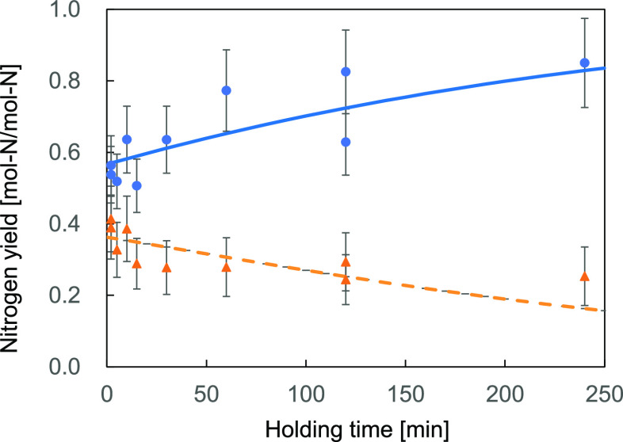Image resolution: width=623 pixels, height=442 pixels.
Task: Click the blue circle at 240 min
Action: (x=585, y=63)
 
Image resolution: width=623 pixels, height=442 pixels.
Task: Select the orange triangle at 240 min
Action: (x=585, y=276)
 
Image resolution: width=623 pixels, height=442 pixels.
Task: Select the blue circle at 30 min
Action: (x=166, y=139)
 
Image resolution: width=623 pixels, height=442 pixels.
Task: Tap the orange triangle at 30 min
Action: (x=166, y=268)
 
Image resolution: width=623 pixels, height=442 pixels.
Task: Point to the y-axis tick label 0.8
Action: (x=77, y=81)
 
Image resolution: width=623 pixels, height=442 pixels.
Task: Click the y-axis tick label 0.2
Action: (x=77, y=295)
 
